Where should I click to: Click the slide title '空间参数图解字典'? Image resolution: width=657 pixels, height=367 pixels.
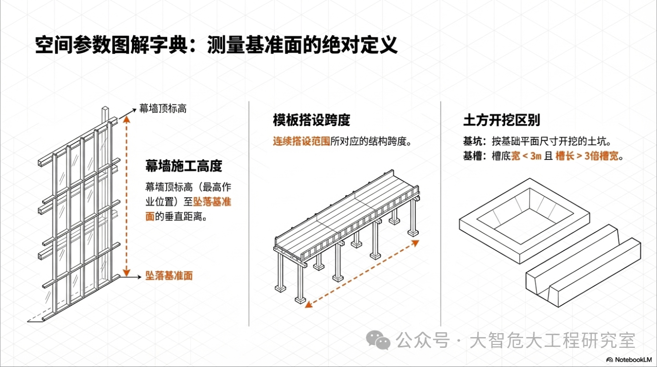[111, 45]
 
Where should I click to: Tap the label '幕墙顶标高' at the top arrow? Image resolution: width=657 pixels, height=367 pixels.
[163, 108]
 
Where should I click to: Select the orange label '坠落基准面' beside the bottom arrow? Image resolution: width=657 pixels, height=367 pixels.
[169, 276]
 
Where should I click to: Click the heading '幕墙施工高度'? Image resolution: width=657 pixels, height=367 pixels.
[184, 166]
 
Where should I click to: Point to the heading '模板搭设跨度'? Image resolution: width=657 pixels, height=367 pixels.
[311, 120]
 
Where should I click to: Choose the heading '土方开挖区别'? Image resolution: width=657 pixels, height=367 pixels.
[502, 120]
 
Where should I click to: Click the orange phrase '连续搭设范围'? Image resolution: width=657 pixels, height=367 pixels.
[302, 141]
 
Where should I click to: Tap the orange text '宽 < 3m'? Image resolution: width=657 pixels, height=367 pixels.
[527, 156]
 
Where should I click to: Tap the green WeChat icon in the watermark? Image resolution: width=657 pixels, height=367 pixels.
[378, 340]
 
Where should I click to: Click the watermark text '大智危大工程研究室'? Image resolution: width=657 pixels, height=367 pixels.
[553, 341]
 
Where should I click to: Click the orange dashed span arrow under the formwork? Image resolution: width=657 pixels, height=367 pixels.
[362, 274]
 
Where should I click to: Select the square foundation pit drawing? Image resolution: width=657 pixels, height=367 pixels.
[525, 221]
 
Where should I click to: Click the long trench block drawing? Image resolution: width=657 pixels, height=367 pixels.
[583, 266]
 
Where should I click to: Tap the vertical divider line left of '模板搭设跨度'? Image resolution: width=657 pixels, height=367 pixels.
[249, 214]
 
